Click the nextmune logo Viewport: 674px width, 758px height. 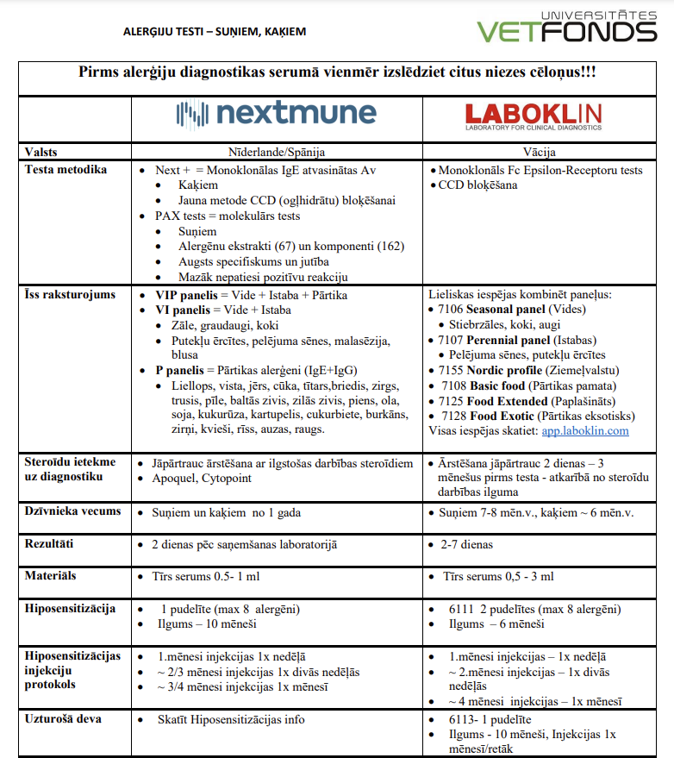click(x=276, y=114)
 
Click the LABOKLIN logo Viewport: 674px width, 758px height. click(x=533, y=116)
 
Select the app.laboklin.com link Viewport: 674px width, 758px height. click(x=585, y=430)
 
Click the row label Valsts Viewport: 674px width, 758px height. click(x=41, y=153)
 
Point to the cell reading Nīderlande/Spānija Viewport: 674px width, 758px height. click(x=276, y=153)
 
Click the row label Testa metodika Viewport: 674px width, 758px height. click(x=66, y=170)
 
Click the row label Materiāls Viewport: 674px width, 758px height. click(x=51, y=575)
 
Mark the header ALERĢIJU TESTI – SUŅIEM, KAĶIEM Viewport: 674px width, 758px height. click(x=215, y=32)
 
